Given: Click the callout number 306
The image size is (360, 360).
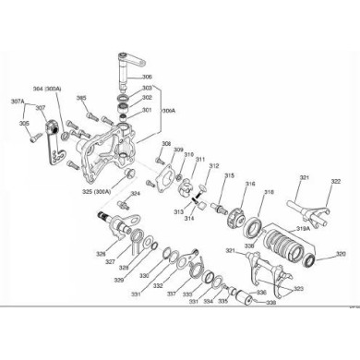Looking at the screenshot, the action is pyautogui.click(x=148, y=77).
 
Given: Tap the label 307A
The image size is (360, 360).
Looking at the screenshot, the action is pyautogui.click(x=18, y=102).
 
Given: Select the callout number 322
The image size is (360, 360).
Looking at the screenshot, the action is pyautogui.click(x=310, y=181).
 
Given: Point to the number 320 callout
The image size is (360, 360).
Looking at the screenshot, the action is pyautogui.click(x=340, y=254).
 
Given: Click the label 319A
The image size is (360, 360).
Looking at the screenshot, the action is pyautogui.click(x=302, y=228).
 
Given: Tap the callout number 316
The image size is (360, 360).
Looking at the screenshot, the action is pyautogui.click(x=247, y=185).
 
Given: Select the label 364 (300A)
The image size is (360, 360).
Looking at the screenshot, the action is pyautogui.click(x=47, y=89).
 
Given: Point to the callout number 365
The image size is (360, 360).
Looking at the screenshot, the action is pyautogui.click(x=81, y=98).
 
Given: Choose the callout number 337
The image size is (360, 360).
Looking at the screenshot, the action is pyautogui.click(x=171, y=294).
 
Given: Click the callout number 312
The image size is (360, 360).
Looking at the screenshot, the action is pyautogui.click(x=213, y=166).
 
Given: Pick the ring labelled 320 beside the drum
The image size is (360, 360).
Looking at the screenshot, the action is pyautogui.click(x=322, y=254).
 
